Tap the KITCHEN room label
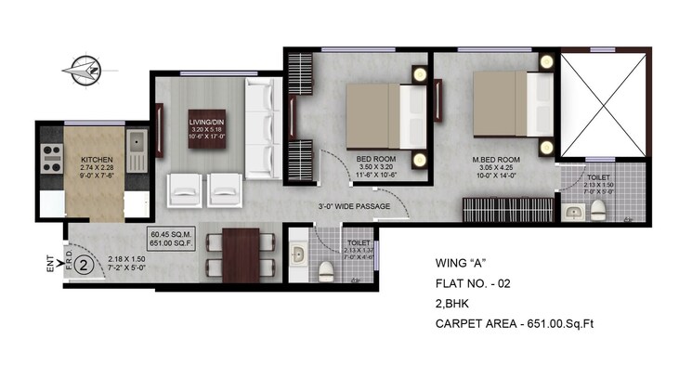97,159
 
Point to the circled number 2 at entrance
82,266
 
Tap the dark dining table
241,254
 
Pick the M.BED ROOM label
494,160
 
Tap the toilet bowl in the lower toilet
326,270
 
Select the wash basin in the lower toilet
297,254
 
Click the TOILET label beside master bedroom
597,176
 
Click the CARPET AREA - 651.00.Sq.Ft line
532,324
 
